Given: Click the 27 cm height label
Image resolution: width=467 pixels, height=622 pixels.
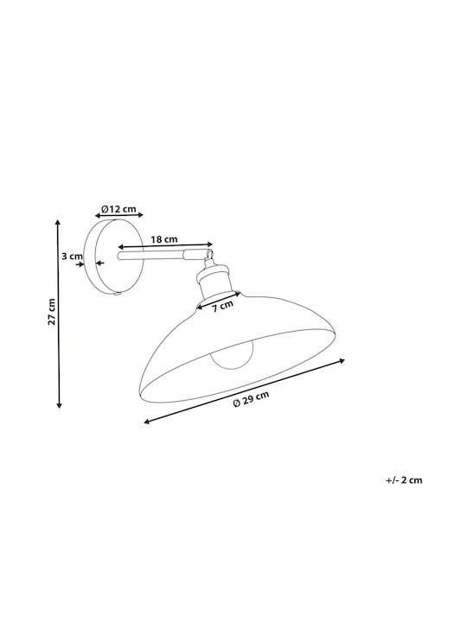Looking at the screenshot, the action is [x=51, y=312].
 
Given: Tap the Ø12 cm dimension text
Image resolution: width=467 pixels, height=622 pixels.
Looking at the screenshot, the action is [x=118, y=209].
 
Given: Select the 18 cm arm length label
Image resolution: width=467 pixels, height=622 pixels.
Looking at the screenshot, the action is [x=164, y=239].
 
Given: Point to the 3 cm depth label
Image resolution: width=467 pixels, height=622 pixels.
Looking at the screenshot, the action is [x=72, y=257].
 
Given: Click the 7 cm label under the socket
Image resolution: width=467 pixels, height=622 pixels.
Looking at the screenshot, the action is [x=222, y=306].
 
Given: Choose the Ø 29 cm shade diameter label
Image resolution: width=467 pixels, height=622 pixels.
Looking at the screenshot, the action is [x=251, y=398].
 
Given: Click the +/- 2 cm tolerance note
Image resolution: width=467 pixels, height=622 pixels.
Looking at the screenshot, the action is [x=404, y=480].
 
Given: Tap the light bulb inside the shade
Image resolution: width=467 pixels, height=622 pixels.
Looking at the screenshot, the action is [x=232, y=354].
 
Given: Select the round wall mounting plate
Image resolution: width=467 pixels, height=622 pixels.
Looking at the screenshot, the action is [x=114, y=257].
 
